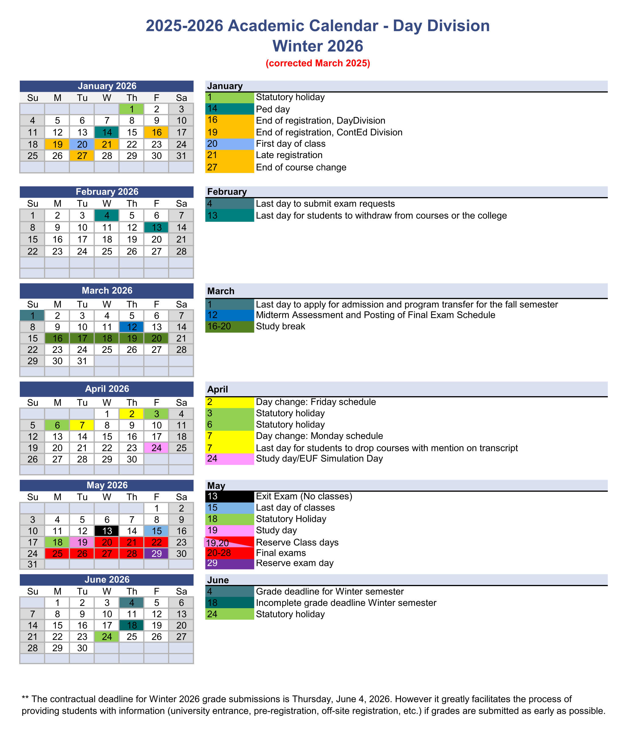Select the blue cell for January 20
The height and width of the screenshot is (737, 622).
click(82, 144)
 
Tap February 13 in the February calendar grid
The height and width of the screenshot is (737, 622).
click(156, 227)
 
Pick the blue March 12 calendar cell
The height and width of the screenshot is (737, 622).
click(132, 327)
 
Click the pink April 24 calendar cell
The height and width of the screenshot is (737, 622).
click(156, 448)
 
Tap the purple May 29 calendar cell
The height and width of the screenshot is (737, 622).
click(156, 554)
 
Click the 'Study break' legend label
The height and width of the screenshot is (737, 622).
click(280, 326)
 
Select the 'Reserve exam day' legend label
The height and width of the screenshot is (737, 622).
click(295, 563)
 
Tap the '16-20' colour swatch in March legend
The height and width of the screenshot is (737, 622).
click(229, 326)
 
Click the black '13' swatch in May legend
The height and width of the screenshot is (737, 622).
click(229, 496)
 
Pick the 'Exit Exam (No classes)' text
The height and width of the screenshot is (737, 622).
click(304, 496)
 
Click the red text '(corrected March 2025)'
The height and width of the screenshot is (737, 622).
click(318, 63)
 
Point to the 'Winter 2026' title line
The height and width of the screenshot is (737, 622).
click(318, 46)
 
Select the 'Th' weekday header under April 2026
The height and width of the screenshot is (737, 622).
click(132, 402)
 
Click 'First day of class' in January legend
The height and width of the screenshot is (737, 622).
click(290, 144)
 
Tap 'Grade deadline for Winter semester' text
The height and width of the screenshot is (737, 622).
click(330, 591)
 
